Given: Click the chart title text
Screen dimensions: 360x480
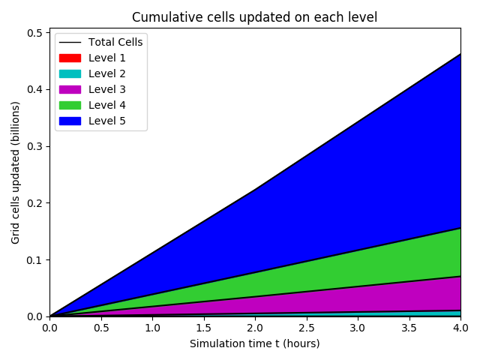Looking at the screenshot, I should (254, 17).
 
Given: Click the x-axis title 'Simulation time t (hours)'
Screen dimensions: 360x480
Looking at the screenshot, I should (254, 343).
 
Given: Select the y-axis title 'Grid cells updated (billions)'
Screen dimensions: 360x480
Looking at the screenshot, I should (16, 172).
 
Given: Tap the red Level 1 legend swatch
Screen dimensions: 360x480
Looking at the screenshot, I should (70, 58).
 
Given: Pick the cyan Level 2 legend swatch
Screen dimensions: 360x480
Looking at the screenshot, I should (70, 73).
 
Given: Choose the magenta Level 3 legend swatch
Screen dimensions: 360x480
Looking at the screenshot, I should (70, 89).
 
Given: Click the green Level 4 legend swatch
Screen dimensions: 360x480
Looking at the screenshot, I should (70, 105).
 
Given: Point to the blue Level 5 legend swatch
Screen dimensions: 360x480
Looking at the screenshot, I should (70, 121).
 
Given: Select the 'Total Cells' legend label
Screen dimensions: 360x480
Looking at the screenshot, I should (115, 42).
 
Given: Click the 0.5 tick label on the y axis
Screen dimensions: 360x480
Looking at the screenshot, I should (35, 33).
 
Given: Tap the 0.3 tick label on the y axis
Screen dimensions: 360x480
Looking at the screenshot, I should (35, 146).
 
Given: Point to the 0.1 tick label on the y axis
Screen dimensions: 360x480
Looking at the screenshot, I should (35, 259).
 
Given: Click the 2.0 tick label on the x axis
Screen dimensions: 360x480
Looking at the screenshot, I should (255, 328).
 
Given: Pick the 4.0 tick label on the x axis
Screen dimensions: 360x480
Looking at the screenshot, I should (460, 328).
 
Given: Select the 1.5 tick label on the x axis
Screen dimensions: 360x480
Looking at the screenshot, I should (203, 328).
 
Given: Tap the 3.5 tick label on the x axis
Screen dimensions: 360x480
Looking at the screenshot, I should (409, 328).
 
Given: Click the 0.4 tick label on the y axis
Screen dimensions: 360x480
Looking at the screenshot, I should (35, 89).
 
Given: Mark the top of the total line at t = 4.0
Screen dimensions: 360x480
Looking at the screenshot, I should (460, 54).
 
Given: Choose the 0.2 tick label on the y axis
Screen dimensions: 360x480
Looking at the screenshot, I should (35, 202).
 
